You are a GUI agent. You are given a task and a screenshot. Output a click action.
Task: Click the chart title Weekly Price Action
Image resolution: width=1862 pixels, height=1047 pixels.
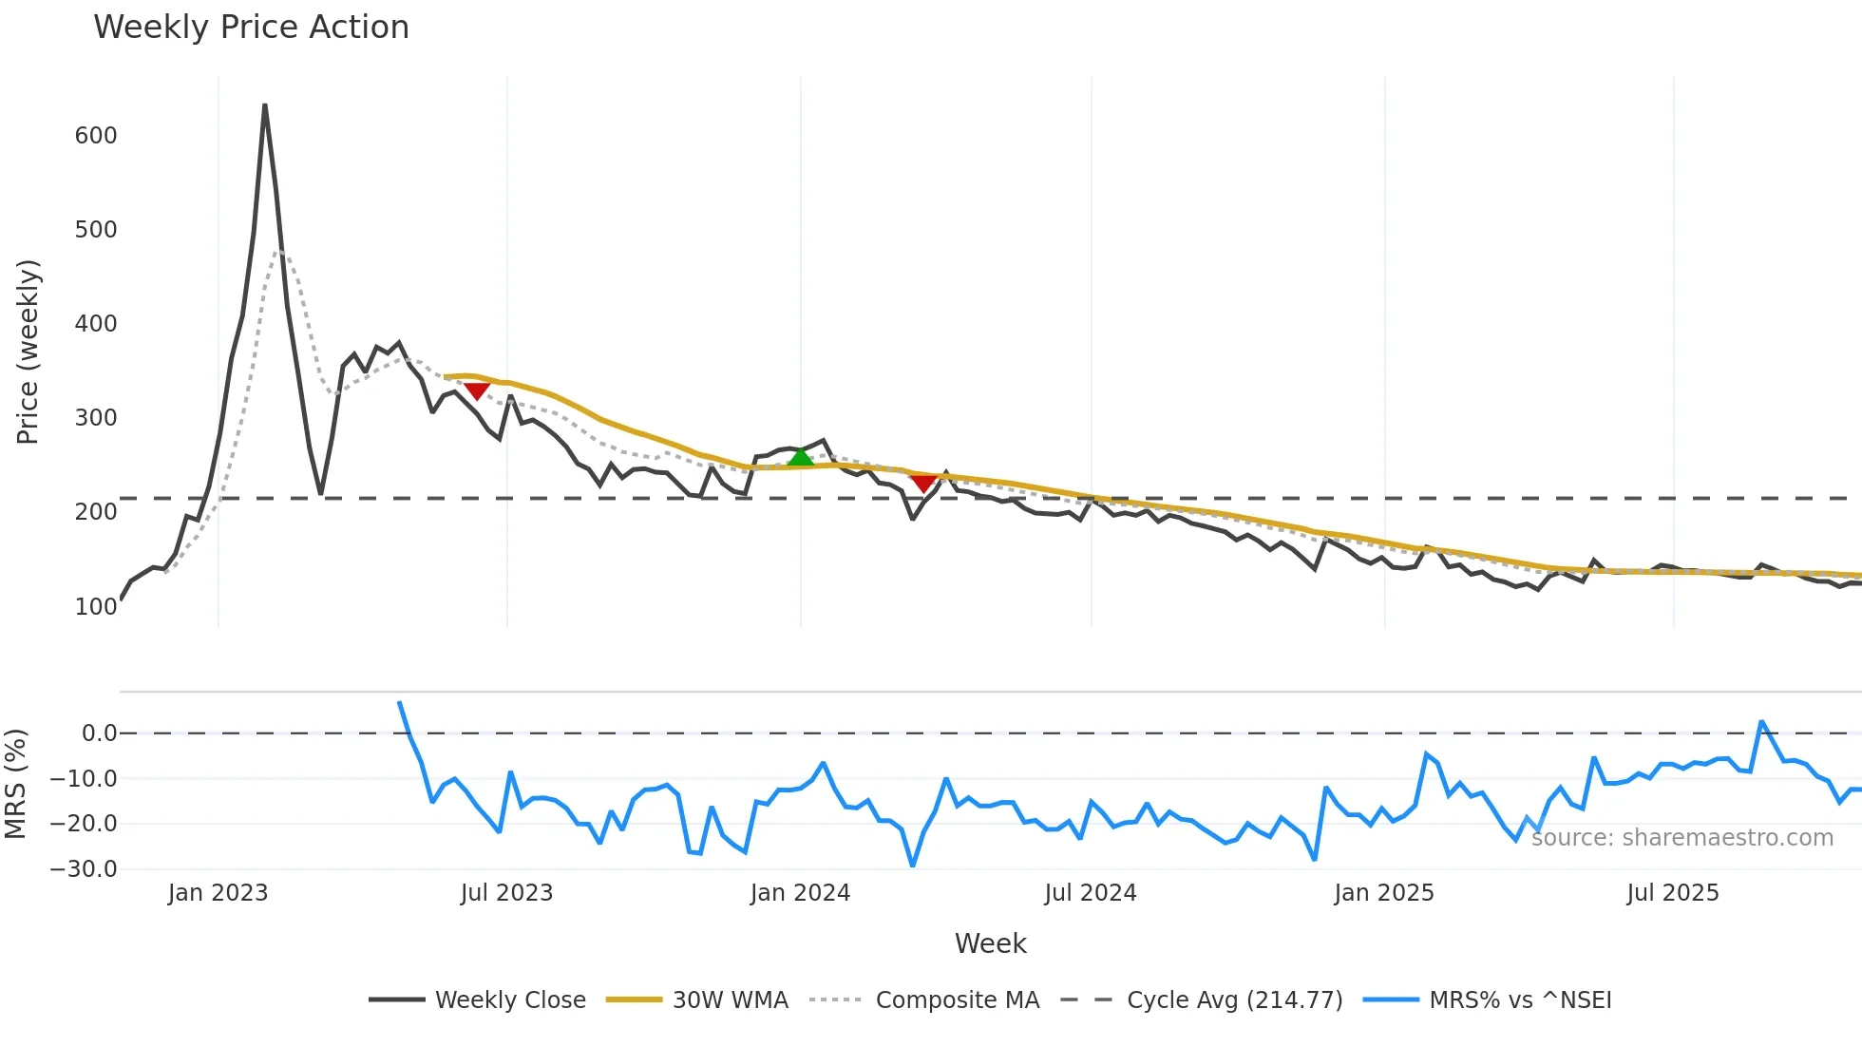[251, 28]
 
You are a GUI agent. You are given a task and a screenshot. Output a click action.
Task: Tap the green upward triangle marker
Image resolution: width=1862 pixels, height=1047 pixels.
[801, 457]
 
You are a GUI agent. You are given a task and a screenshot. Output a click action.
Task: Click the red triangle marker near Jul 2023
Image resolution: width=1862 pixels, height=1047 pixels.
[476, 390]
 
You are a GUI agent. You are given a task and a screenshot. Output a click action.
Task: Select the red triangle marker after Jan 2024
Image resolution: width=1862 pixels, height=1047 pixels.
[922, 483]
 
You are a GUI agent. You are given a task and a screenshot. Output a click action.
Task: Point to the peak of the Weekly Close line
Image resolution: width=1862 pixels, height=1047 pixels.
[265, 105]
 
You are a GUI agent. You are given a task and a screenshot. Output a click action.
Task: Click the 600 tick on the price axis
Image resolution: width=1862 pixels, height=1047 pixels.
[96, 136]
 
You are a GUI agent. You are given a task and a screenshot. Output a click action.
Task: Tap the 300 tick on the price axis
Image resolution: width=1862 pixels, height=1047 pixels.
[96, 418]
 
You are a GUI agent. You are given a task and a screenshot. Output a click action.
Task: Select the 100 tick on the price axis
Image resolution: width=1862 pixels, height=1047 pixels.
[96, 606]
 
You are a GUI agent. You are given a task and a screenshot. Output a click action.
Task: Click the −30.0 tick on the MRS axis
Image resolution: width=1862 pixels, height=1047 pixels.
[84, 869]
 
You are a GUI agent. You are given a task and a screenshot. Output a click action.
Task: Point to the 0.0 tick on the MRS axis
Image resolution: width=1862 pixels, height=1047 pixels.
[99, 733]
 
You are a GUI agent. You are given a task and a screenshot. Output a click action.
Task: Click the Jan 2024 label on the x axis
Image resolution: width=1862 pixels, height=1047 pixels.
[800, 893]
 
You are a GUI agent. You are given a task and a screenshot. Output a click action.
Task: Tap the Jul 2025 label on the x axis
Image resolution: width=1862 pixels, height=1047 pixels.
[1672, 893]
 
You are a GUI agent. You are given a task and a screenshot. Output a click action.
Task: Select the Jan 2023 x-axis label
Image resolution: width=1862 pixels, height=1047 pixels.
[218, 893]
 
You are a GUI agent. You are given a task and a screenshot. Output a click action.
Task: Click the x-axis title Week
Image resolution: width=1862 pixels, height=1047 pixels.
[990, 943]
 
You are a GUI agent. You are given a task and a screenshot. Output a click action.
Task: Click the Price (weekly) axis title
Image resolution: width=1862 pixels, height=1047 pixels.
[28, 352]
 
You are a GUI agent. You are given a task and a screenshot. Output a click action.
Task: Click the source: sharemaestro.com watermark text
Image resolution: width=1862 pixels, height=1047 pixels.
[1681, 838]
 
